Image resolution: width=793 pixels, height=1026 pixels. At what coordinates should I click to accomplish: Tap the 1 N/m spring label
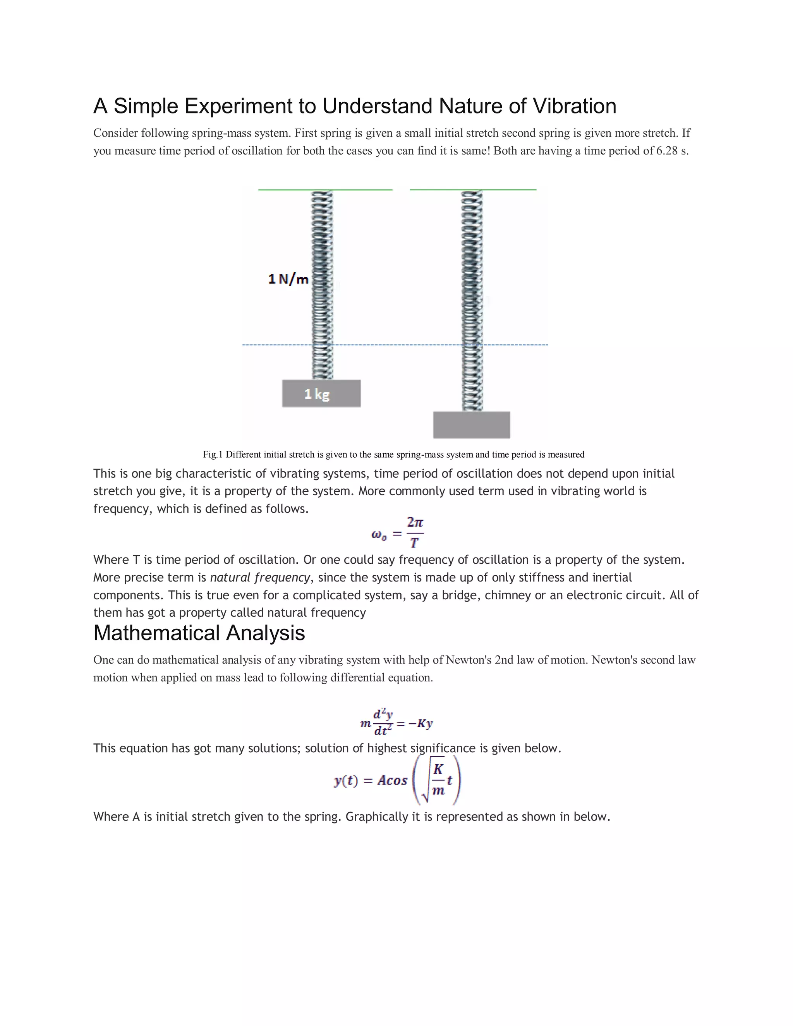point(288,279)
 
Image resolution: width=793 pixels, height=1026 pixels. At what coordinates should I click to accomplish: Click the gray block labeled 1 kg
point(321,394)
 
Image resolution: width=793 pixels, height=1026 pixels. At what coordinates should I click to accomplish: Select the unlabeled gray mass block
point(471,425)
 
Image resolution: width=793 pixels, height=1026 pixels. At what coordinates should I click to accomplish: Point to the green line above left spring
point(325,190)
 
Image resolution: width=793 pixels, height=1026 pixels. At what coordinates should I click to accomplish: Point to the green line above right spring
point(473,190)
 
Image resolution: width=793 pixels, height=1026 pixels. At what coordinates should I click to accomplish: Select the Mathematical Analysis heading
point(199,633)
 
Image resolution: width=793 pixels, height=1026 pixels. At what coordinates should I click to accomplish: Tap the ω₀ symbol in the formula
point(379,535)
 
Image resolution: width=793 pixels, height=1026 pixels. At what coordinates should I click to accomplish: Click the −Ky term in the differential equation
point(420,724)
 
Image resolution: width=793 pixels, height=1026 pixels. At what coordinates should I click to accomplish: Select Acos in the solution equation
point(392,780)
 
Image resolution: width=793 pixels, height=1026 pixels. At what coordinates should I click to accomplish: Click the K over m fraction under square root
point(438,780)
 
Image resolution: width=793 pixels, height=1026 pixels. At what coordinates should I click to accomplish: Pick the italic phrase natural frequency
point(260,577)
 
